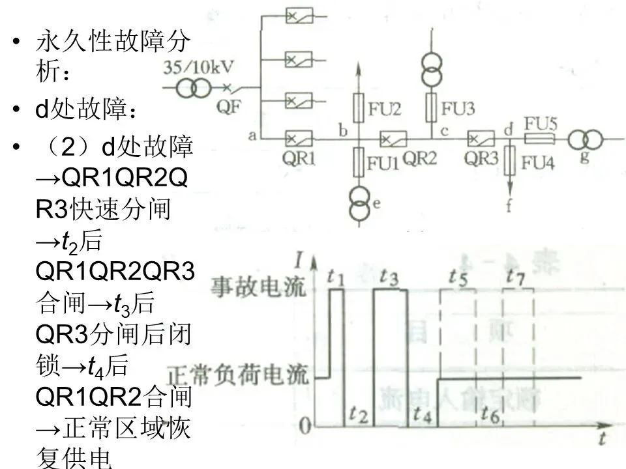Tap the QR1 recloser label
[x=299, y=158]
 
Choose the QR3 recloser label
[x=481, y=158]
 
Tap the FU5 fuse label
[x=540, y=124]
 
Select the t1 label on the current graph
[x=336, y=277]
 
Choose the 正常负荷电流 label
[x=237, y=376]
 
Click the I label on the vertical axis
[x=298, y=263]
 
